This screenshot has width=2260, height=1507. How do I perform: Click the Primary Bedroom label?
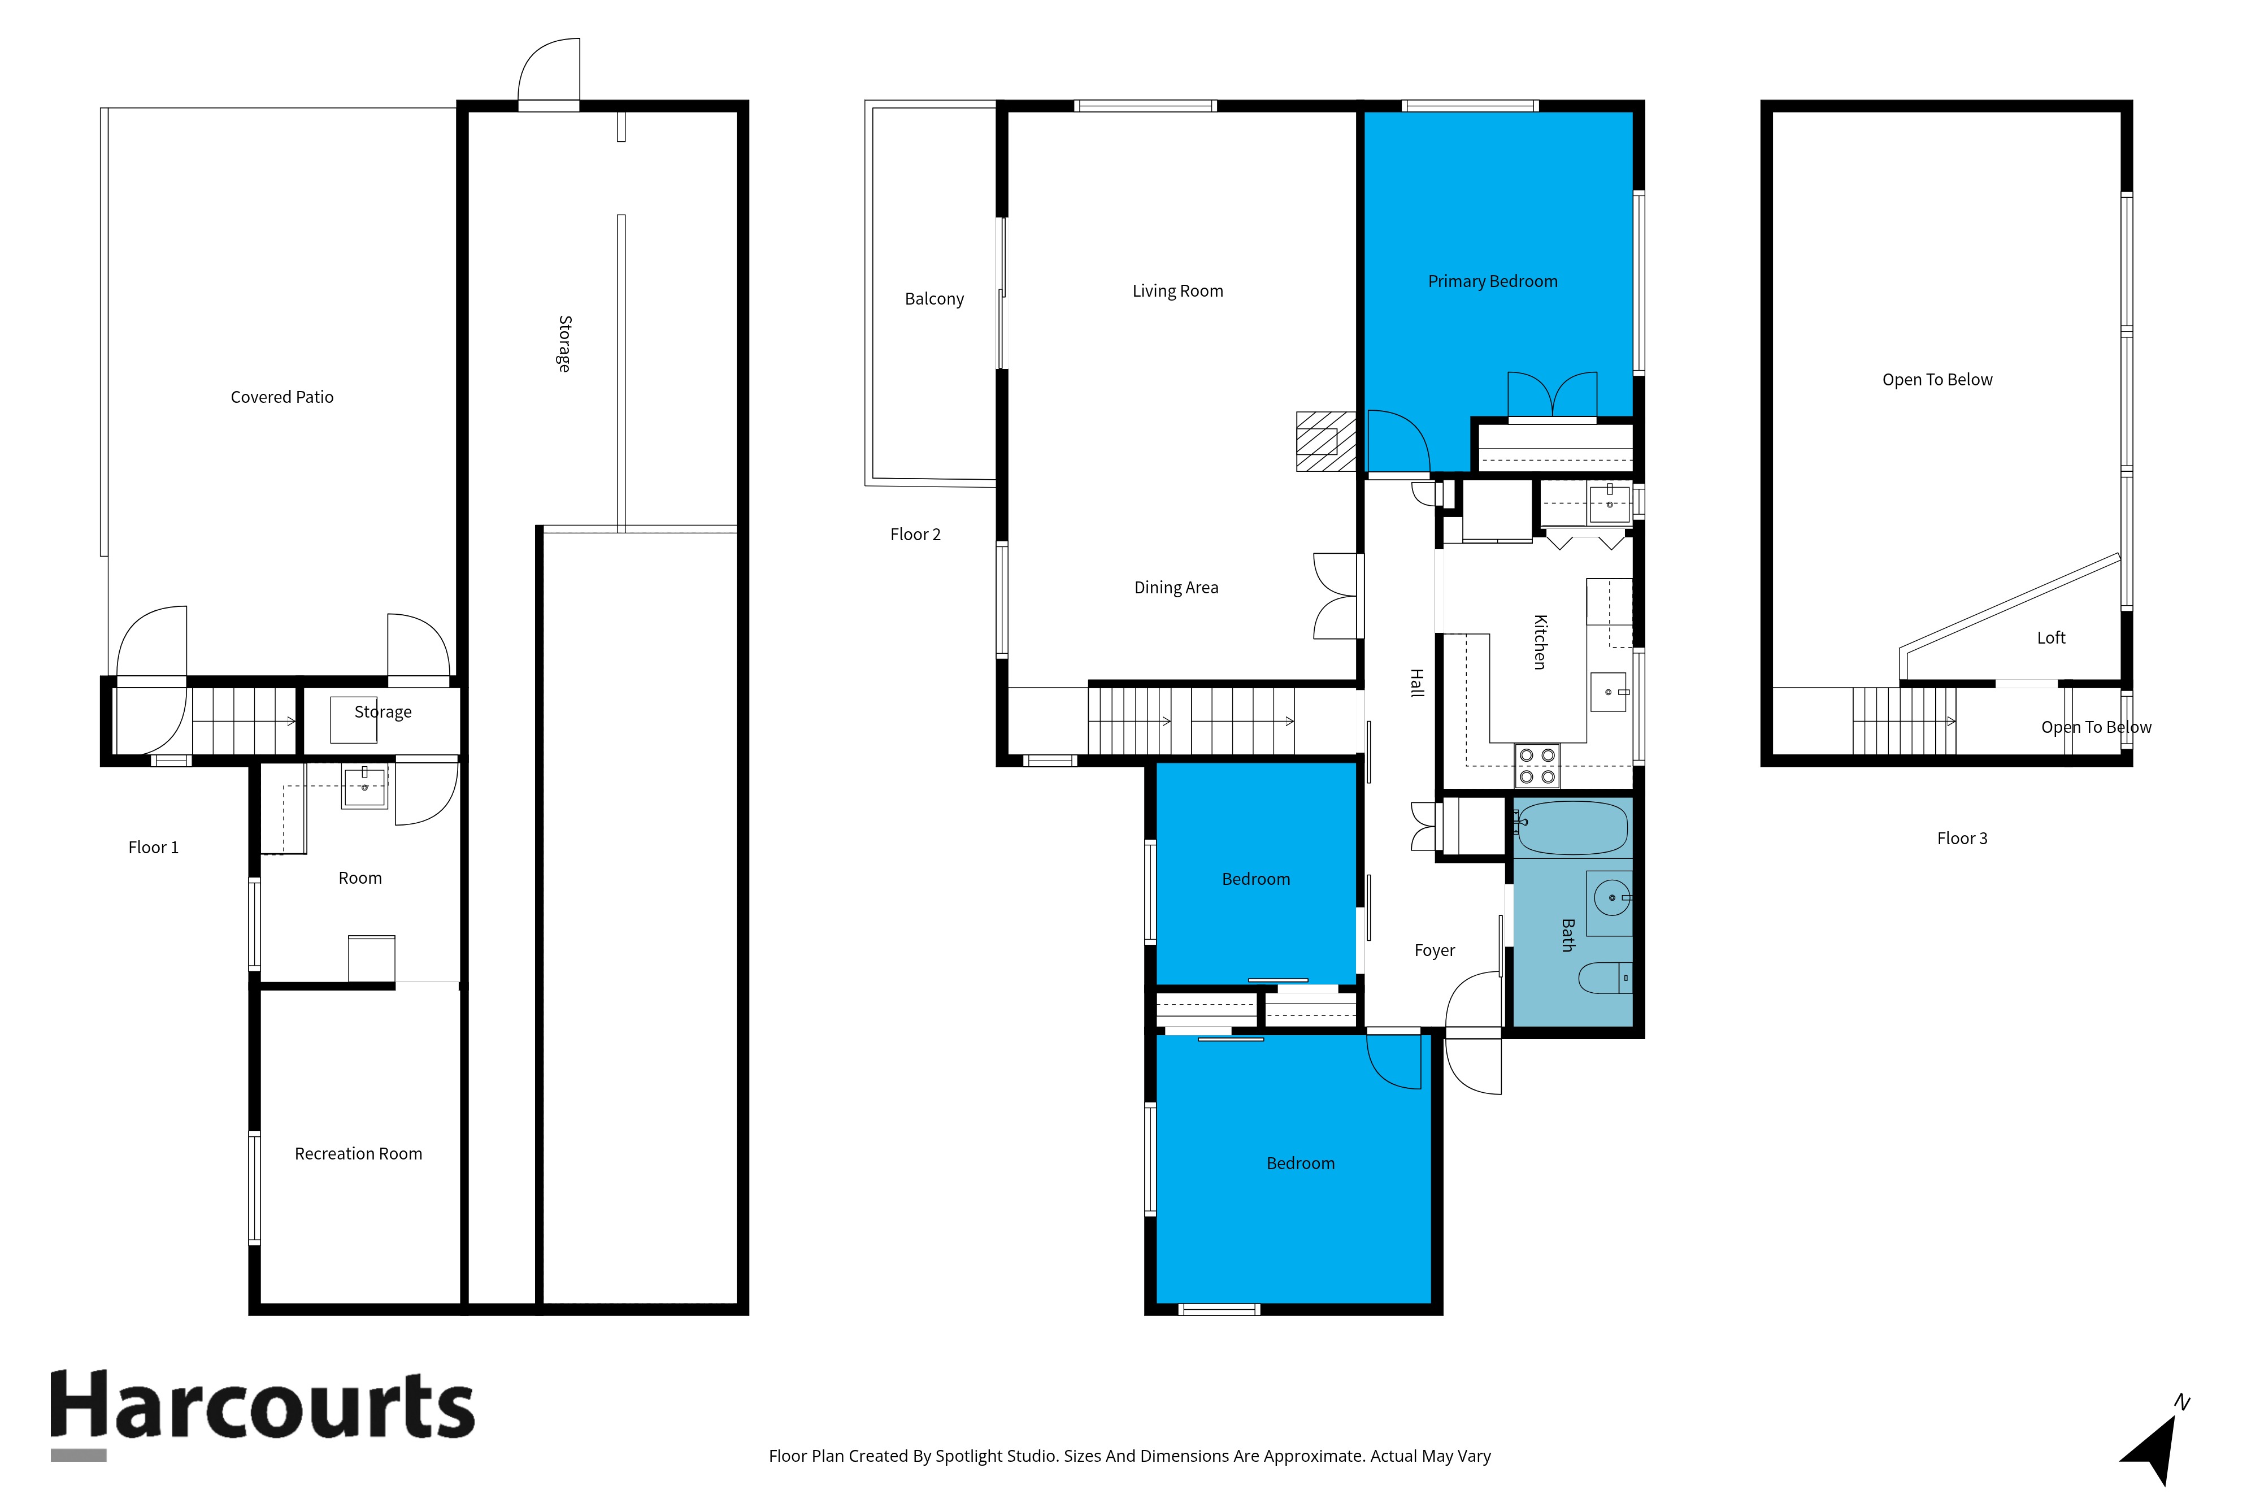[x=1492, y=281]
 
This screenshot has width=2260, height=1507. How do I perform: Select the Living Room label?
[x=1177, y=291]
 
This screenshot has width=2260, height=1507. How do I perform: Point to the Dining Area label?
[x=1176, y=587]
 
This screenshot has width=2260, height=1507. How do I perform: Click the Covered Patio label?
[x=281, y=397]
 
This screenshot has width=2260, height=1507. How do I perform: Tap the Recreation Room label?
[x=358, y=1153]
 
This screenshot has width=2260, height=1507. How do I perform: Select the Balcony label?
[x=934, y=299]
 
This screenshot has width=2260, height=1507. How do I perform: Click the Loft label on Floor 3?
[x=2050, y=638]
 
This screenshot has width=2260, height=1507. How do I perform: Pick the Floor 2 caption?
[x=915, y=535]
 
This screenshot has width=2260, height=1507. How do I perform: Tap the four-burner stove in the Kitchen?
[x=1536, y=766]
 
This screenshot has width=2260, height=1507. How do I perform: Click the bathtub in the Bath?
[x=1572, y=827]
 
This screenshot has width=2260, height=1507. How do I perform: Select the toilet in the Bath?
[x=1605, y=978]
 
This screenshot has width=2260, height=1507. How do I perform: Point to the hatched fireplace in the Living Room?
[x=1326, y=441]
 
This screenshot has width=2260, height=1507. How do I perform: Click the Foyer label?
[x=1435, y=950]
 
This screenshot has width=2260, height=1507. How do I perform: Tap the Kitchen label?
[x=1540, y=642]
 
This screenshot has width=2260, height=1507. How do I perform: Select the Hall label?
[x=1416, y=683]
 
